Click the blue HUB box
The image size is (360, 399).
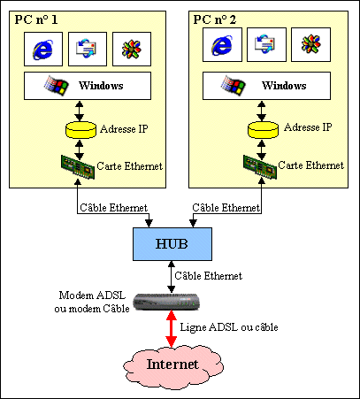pos(172,244)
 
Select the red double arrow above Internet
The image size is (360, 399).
pos(171,328)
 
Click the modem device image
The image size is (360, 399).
pos(166,302)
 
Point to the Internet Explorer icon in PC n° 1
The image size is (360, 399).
pos(43,49)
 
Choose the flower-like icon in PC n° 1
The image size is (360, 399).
pos(132,49)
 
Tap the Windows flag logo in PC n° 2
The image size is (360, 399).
pos(234,85)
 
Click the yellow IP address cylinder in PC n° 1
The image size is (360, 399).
pos(80,130)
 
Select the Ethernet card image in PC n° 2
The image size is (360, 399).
pos(260,167)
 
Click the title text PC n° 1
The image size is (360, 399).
pos(36,19)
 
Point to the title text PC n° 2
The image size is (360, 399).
pos(215,19)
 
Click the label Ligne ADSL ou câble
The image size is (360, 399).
pos(229,327)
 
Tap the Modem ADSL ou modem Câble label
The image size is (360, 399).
pos(92,302)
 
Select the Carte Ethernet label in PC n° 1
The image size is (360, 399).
pos(130,166)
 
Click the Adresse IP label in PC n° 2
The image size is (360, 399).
pos(308,127)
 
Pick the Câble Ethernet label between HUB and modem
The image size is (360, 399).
pos(209,276)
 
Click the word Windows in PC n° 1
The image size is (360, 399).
pos(101,86)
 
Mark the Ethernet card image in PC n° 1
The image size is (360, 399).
pos(78,167)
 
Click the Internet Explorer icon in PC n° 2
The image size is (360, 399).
pos(222,45)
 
